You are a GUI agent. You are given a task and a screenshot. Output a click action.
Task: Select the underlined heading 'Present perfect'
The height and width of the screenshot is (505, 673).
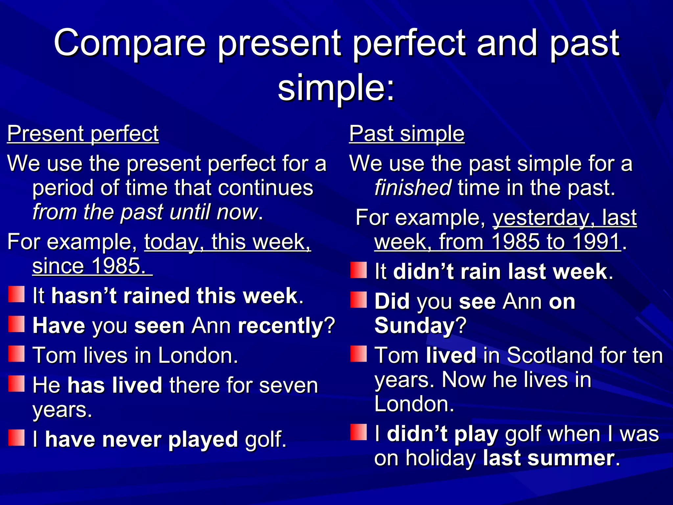click(83, 134)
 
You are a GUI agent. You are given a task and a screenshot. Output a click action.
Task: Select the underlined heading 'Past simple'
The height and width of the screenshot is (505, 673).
click(406, 134)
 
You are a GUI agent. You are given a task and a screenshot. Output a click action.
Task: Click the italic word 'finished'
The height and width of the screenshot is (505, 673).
click(413, 188)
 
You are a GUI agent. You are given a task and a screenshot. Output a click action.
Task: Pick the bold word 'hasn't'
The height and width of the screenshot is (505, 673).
click(84, 296)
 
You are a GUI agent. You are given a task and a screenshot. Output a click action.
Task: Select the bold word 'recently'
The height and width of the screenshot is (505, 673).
click(281, 326)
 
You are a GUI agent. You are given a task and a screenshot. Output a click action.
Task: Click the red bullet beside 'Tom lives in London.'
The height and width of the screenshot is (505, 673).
click(16, 354)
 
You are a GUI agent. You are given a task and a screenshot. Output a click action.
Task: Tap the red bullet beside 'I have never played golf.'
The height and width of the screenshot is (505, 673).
click(16, 438)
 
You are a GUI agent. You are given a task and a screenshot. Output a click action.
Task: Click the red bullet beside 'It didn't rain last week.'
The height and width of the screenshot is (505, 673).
click(358, 270)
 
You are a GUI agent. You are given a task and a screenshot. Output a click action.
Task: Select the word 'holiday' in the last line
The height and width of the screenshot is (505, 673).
click(441, 458)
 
